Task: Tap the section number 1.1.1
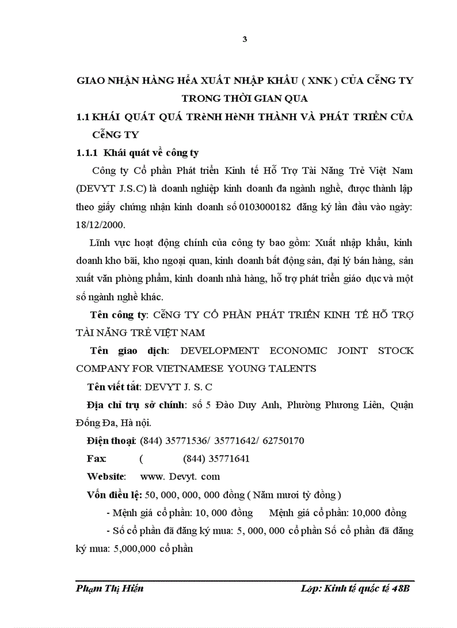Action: pyautogui.click(x=87, y=152)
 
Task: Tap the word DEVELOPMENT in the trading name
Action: pyautogui.click(x=221, y=351)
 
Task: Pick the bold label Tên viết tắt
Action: pyautogui.click(x=114, y=386)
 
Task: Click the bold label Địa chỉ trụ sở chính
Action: pyautogui.click(x=135, y=405)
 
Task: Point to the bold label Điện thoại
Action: pyautogui.click(x=111, y=441)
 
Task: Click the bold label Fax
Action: pyautogui.click(x=96, y=459)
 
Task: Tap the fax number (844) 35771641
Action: pyautogui.click(x=216, y=459)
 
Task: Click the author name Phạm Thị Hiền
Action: pyautogui.click(x=110, y=589)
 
